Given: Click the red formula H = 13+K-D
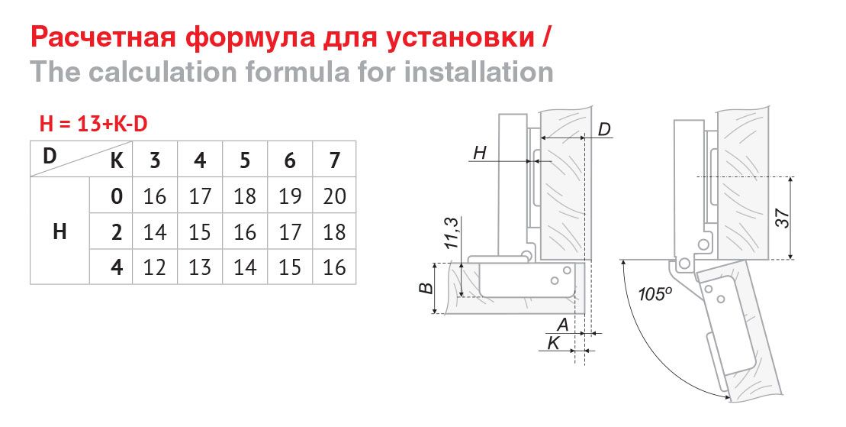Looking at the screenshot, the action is point(93,125).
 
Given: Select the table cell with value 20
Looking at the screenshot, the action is point(335,196).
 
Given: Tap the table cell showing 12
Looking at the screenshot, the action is point(155,267).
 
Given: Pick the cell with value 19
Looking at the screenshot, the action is point(290,196).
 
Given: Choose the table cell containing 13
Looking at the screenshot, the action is point(200,267).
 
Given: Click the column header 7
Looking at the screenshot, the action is point(335,160).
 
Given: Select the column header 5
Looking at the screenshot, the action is point(245,160).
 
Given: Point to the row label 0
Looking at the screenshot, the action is point(117,196).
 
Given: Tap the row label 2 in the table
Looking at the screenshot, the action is point(117,232).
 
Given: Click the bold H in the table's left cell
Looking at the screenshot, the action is point(60,231).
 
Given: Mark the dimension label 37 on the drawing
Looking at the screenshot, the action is point(783,217).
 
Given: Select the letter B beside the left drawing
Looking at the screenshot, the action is point(426,286).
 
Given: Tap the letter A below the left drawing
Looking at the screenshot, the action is point(563,325).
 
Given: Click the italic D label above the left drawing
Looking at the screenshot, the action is point(605,130).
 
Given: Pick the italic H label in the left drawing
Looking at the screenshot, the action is point(480,153).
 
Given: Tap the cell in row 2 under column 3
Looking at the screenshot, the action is point(155,232).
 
